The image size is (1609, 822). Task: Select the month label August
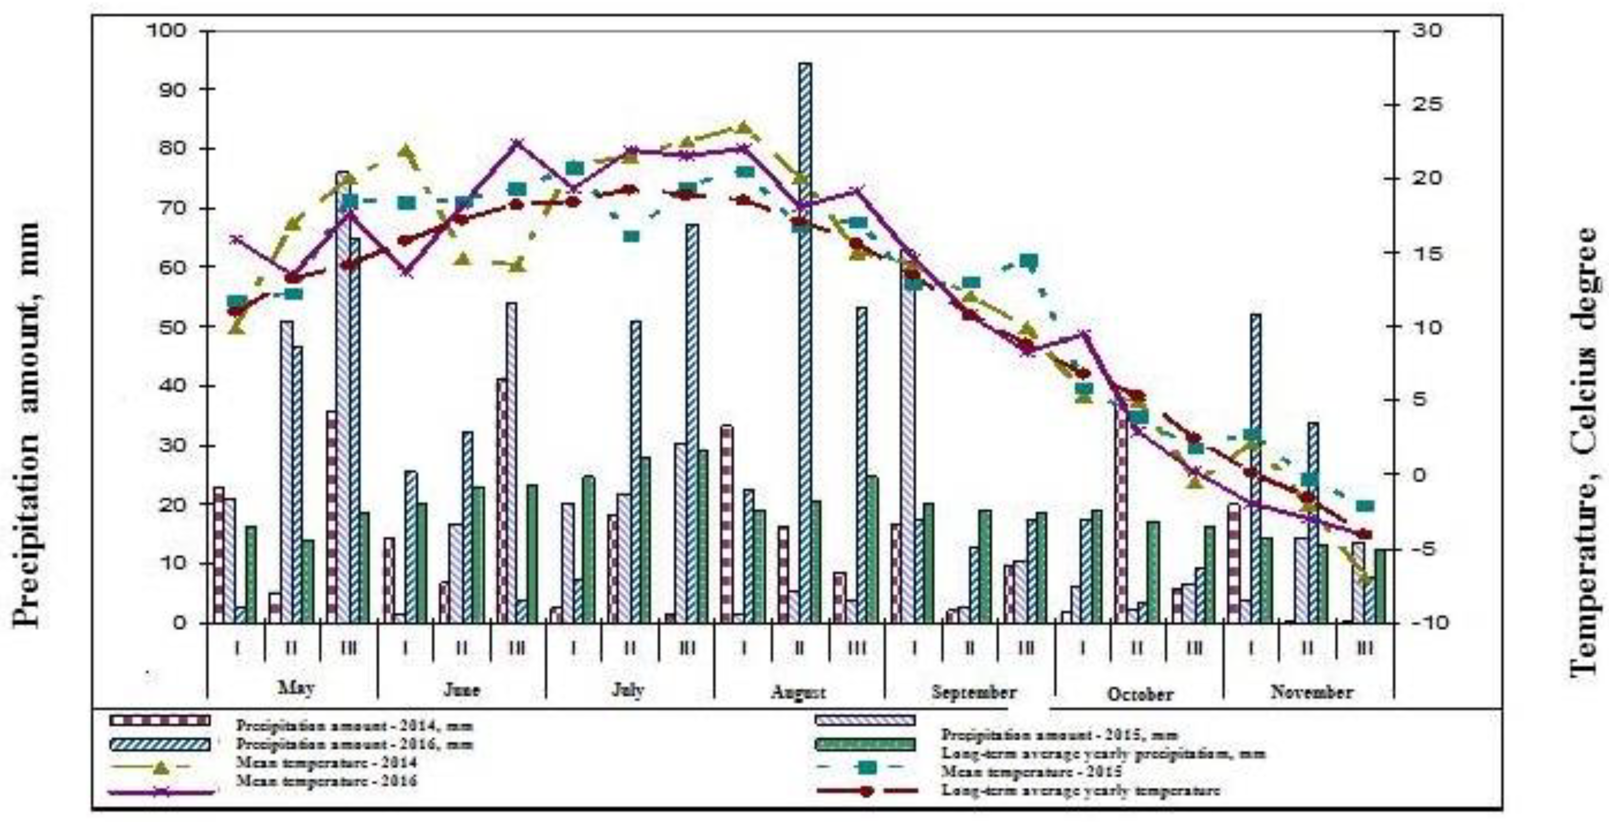tap(798, 692)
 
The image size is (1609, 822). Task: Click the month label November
tap(1312, 692)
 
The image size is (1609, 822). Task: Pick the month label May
tap(296, 688)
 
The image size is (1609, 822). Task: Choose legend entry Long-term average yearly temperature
tap(1080, 791)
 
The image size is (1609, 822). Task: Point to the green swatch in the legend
tap(865, 744)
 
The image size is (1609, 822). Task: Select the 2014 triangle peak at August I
tap(743, 128)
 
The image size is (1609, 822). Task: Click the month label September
tap(974, 692)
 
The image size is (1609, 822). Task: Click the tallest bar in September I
tap(909, 437)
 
